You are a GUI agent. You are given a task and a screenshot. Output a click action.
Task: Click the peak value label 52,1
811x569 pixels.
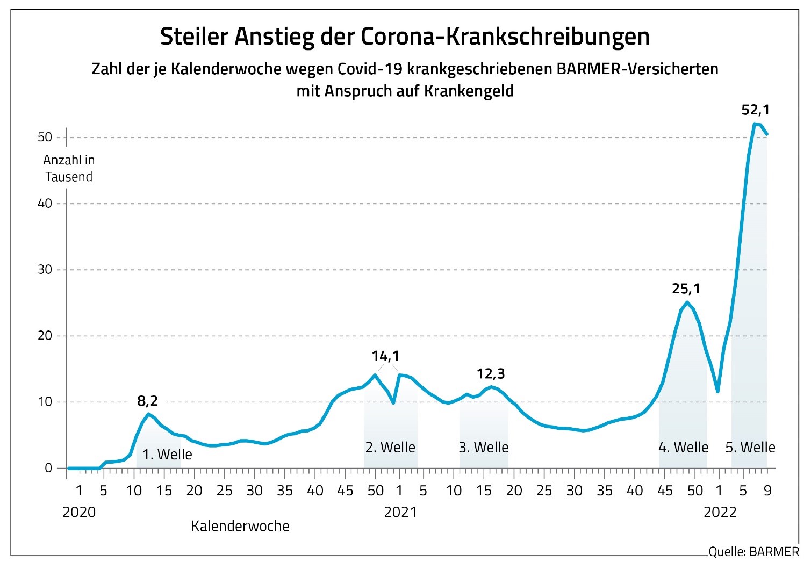point(755,110)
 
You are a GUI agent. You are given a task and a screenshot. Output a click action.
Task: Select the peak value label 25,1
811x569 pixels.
point(686,289)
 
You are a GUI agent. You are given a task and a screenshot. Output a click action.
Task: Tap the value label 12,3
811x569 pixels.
point(491,373)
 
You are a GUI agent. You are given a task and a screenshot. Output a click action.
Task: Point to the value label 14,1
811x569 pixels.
point(386,356)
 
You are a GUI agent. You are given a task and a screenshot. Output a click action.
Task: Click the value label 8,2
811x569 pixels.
point(147,400)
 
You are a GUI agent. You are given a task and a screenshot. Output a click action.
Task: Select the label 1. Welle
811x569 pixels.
point(167,455)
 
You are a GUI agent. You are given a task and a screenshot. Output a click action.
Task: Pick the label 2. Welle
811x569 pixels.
point(390,447)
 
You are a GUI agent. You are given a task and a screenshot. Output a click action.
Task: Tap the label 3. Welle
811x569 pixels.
point(483,447)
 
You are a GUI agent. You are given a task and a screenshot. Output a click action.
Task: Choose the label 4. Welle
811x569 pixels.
point(683,447)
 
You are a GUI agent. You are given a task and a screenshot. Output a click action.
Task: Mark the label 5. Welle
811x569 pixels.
point(750,447)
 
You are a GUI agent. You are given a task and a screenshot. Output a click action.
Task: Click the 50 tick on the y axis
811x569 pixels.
point(45,138)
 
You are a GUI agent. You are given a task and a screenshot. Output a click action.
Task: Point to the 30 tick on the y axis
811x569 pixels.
point(45,270)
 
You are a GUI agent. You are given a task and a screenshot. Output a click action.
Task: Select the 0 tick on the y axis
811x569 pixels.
point(48,468)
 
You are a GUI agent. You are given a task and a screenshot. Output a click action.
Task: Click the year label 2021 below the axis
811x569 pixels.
point(400,512)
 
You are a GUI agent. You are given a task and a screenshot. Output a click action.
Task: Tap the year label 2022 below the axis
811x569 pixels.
point(720,512)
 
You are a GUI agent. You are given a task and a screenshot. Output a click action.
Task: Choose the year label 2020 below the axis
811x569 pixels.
point(79,512)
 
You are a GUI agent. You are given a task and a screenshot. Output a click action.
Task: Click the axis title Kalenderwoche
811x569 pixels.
point(240,526)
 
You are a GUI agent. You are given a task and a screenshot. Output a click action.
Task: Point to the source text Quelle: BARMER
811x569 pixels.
point(753,552)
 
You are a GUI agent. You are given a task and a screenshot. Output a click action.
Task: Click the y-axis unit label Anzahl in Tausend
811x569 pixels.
point(69,169)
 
